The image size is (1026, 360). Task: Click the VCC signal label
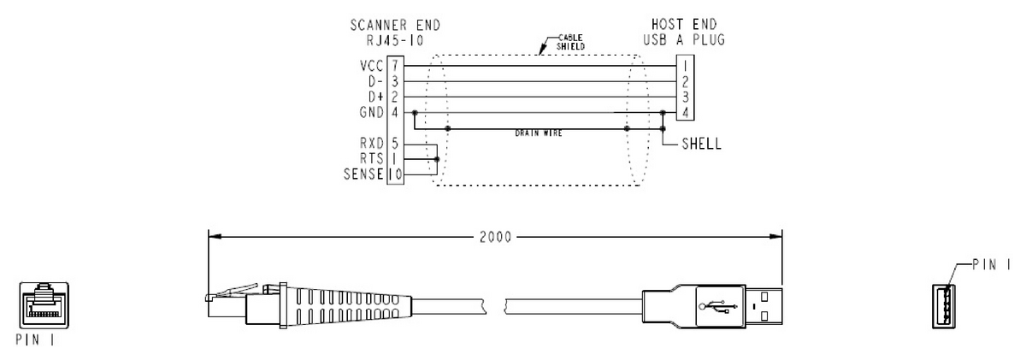[371, 66]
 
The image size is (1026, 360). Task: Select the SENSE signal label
[363, 174]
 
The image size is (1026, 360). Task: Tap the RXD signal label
[372, 144]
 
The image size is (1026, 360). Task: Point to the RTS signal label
[372, 158]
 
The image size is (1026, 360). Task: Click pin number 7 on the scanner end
[395, 66]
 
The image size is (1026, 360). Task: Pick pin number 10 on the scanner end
[395, 174]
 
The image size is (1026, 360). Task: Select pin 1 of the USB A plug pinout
[685, 66]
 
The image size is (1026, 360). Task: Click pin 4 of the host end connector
[685, 112]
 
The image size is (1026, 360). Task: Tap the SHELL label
[702, 144]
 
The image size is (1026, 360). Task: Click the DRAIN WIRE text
[539, 133]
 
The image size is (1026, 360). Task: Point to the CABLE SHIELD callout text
[570, 42]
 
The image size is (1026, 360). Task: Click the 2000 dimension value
[496, 237]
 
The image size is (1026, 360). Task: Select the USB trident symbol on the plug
[717, 306]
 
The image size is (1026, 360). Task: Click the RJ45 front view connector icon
[44, 305]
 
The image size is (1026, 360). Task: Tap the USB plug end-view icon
[945, 306]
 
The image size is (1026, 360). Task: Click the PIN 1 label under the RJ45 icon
[35, 339]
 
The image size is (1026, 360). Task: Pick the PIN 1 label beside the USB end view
[992, 265]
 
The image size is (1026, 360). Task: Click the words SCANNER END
[395, 25]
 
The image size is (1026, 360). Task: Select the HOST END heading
[684, 24]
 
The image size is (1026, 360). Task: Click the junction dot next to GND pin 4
[415, 113]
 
